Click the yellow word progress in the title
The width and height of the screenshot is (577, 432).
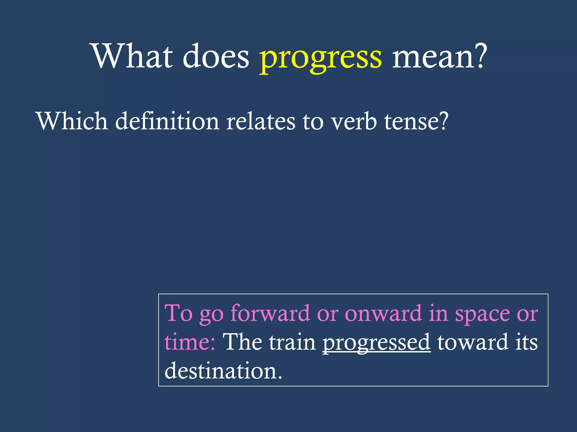320,58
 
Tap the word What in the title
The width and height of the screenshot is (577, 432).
132,56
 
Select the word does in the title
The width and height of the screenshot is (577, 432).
216,56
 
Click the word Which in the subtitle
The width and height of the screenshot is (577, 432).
72,121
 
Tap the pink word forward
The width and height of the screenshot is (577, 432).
270,313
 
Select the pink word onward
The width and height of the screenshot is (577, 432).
383,313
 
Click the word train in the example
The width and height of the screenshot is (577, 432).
292,343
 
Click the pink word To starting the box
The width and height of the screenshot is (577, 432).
178,313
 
